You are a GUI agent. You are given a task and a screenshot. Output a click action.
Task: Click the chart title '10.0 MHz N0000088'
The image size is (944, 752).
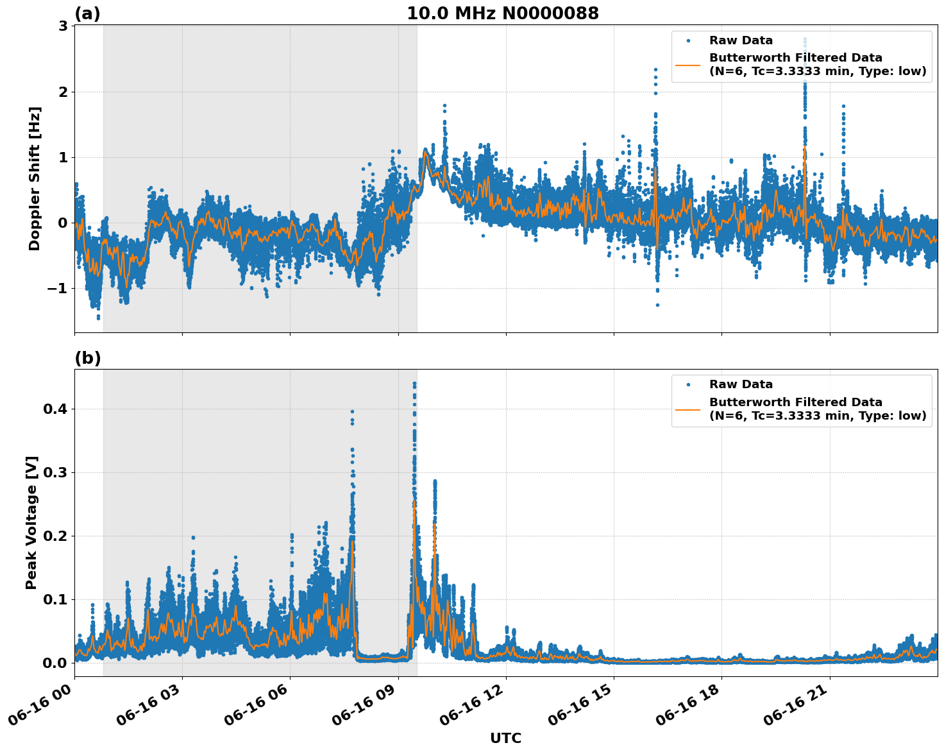tap(503, 13)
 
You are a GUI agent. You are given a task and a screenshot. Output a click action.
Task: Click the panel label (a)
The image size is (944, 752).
tap(87, 13)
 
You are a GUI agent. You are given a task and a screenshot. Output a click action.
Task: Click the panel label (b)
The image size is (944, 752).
tap(87, 358)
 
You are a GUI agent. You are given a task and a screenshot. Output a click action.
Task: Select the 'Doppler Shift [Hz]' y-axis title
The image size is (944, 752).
tap(35, 178)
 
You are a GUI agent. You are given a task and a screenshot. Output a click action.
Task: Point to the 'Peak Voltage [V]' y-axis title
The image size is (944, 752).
tap(31, 522)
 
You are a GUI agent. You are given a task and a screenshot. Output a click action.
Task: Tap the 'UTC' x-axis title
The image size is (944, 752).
tap(505, 738)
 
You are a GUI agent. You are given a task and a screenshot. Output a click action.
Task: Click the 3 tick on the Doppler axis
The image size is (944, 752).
tap(63, 26)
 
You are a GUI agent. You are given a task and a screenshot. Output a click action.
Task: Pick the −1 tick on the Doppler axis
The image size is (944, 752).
tap(57, 288)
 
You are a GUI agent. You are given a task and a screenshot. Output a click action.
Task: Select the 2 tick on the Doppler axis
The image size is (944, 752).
tap(63, 92)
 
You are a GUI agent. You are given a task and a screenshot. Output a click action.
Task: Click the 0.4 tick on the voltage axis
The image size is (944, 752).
tap(57, 409)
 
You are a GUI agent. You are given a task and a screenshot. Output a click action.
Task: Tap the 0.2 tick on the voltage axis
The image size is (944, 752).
tap(57, 536)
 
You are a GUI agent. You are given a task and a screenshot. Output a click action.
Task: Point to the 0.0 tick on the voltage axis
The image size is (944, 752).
tap(57, 663)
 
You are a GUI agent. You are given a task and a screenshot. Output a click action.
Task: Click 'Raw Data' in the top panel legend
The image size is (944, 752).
tap(741, 40)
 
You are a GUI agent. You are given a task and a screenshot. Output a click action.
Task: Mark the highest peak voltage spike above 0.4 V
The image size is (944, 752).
tap(414, 384)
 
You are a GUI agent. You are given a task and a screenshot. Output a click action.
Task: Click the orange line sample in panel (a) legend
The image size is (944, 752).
tap(688, 65)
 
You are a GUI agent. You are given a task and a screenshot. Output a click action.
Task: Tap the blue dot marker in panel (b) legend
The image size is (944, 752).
tap(688, 384)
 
